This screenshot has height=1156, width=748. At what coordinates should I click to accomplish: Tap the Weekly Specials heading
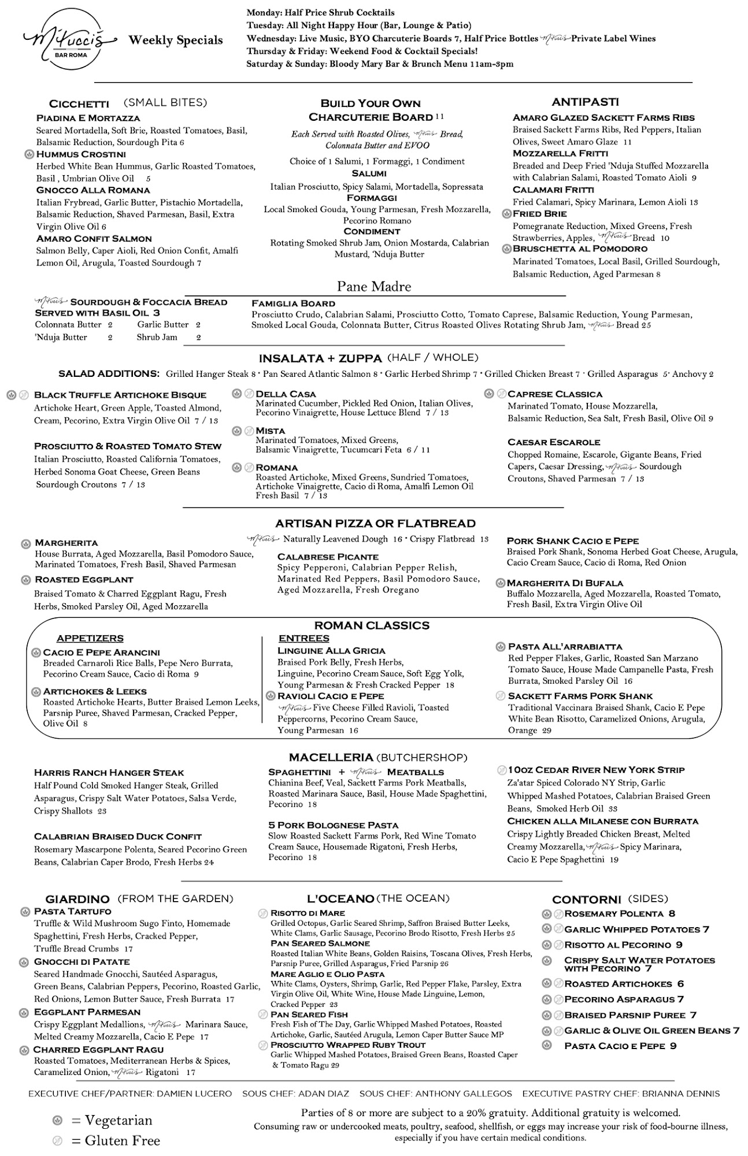pos(176,40)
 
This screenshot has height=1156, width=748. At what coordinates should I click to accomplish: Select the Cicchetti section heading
pos(79,104)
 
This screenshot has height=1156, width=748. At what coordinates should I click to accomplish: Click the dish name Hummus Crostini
pos(81,154)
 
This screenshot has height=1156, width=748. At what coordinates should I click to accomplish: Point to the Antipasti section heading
pos(585,102)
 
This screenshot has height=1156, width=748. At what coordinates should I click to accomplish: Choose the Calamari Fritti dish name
pos(553,190)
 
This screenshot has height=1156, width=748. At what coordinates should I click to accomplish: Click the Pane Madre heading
pos(374,287)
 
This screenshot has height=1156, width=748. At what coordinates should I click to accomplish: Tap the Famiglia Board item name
pos(293,303)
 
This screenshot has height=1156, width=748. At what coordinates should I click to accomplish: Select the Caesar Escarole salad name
pos(554,442)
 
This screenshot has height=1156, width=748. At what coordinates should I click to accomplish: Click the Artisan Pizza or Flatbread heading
pos(375,524)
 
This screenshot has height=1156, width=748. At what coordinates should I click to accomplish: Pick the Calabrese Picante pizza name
pos(328,557)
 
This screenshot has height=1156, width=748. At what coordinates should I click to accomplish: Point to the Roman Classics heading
pos(372,625)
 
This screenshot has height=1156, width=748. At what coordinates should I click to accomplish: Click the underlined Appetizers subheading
pos(90,638)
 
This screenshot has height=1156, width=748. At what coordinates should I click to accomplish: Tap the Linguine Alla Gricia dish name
pos(331,651)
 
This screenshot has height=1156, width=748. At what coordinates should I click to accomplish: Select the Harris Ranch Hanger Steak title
pos(109,773)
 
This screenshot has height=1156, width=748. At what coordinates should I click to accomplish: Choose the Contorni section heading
pos(586,899)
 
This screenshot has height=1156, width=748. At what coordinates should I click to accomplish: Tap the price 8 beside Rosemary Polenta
pos(672,914)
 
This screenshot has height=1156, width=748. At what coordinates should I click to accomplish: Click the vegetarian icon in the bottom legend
pos(57,1120)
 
